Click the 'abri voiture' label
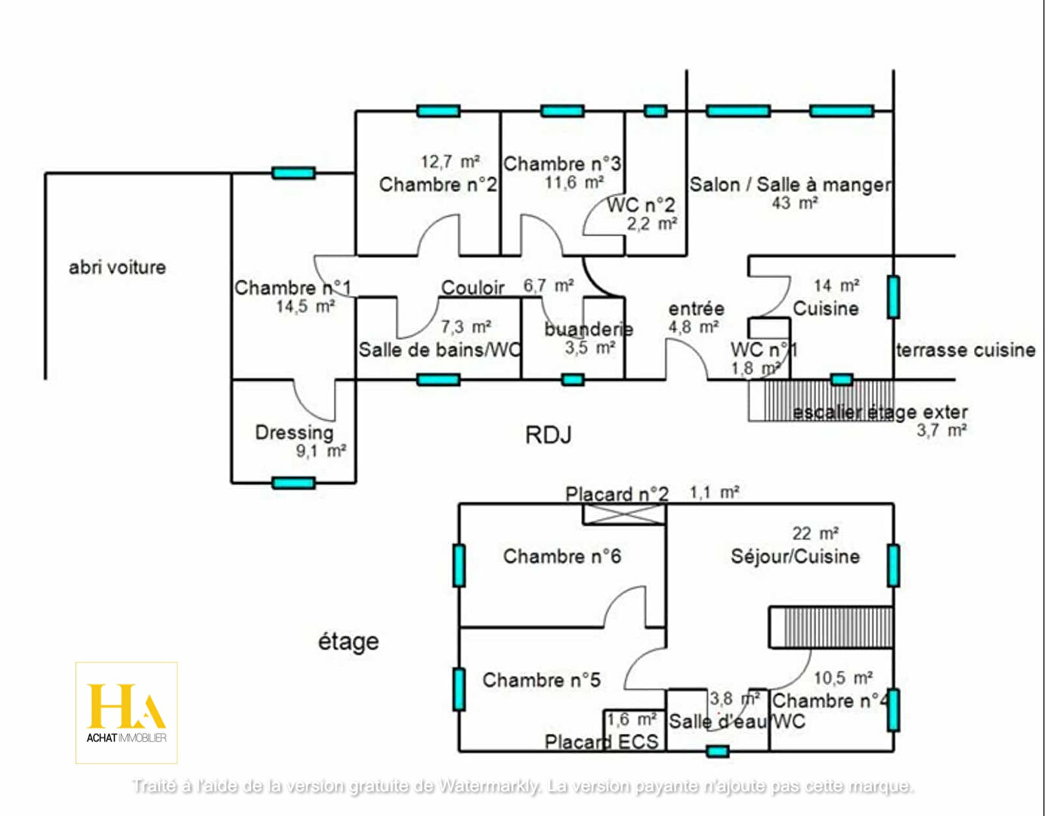[117, 267]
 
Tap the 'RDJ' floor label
[549, 435]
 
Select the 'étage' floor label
[348, 641]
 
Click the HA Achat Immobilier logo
[126, 712]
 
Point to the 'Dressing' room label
[294, 433]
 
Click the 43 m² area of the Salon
[795, 203]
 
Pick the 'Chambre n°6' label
[561, 557]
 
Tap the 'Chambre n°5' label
[541, 680]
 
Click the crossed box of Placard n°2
[624, 515]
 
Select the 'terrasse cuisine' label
[965, 350]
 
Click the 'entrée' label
[696, 308]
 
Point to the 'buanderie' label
[589, 329]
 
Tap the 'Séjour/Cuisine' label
[795, 557]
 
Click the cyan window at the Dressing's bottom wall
[293, 483]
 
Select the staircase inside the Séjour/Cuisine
[831, 627]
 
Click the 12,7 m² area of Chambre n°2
[450, 162]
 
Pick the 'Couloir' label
[472, 288]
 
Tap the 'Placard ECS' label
[601, 742]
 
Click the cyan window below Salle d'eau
[717, 751]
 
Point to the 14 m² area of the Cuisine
[836, 286]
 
